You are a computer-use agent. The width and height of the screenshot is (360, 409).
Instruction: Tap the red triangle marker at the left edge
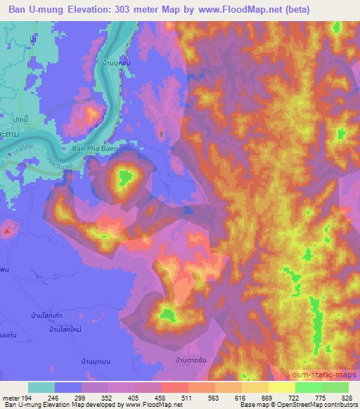pyautogui.click(x=7, y=230)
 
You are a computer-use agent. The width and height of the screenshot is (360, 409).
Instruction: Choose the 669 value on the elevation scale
pyautogui.click(x=257, y=398)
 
